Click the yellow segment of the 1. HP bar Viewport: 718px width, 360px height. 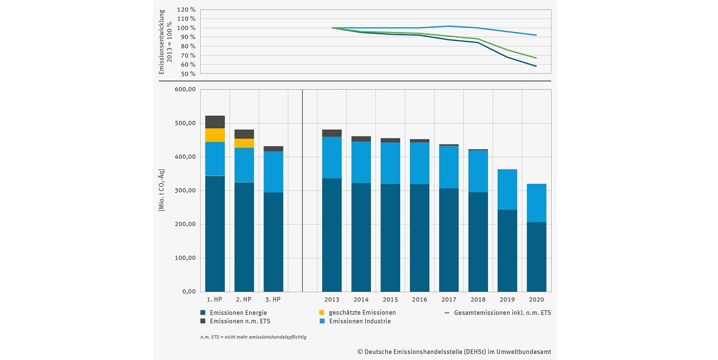(x=215, y=135)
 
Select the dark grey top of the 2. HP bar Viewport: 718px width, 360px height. (x=244, y=134)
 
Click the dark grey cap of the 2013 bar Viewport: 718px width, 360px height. (x=332, y=133)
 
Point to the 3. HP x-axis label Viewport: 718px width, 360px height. (x=273, y=300)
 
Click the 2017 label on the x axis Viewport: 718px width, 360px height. (x=448, y=300)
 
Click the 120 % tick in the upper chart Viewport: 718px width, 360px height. (x=186, y=10)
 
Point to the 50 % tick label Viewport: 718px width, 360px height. (x=188, y=73)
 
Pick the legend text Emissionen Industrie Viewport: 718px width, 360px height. (x=360, y=321)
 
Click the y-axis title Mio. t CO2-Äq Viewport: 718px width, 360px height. (x=161, y=190)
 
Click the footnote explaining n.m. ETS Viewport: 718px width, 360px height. (x=253, y=337)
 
